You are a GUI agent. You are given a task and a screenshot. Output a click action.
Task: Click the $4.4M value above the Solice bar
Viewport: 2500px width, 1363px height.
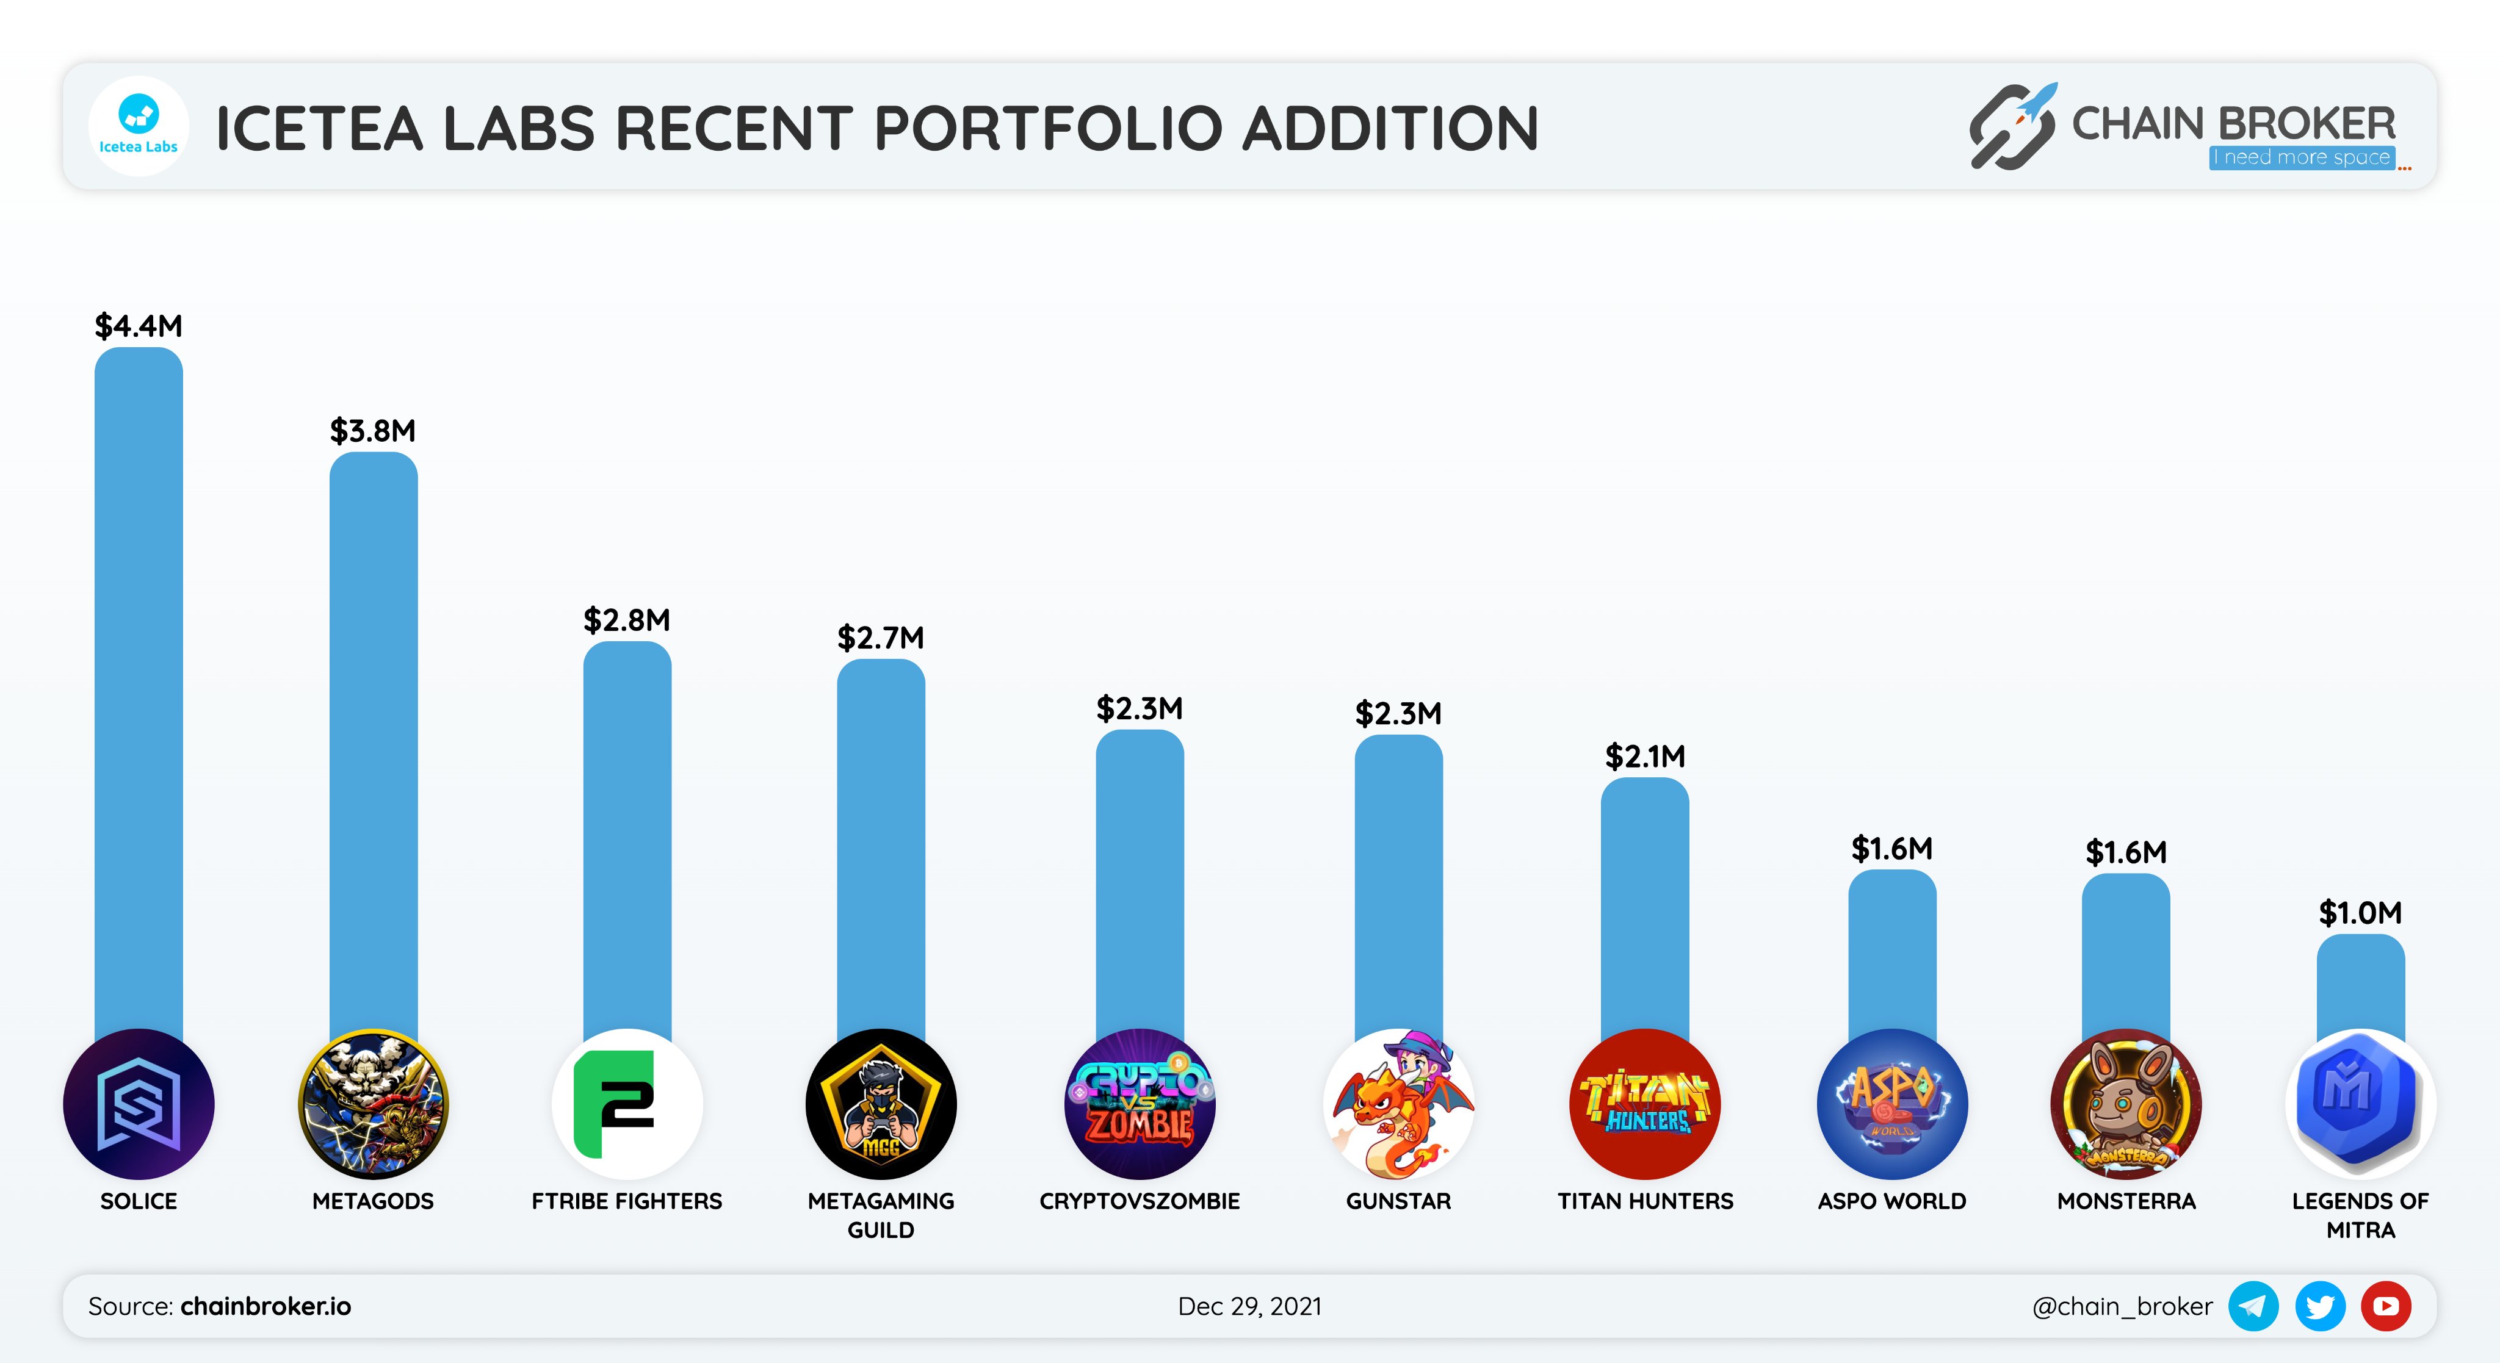click(138, 326)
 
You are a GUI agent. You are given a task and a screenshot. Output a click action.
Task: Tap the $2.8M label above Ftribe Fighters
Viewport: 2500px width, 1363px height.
click(626, 620)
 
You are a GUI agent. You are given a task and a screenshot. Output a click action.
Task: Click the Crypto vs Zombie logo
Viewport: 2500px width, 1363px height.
click(1140, 1104)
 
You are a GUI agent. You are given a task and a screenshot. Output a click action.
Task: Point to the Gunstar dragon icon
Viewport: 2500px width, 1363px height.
click(1398, 1104)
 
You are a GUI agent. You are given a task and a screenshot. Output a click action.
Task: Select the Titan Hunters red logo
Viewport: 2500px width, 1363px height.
click(1644, 1104)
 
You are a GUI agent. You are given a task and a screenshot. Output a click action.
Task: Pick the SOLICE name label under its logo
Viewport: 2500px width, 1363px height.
click(138, 1201)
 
